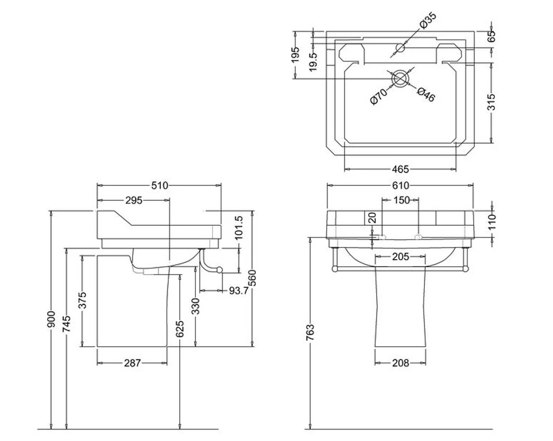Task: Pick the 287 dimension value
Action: pos(132,363)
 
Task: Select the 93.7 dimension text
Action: pos(239,290)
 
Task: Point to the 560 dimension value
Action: pos(253,284)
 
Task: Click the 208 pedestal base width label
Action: pos(400,363)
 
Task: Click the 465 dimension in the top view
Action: pos(400,170)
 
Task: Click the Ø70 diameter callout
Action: pos(379,97)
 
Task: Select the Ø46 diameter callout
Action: pos(426,94)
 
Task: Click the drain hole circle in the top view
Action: pos(400,79)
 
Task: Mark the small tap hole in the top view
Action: pos(400,47)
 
